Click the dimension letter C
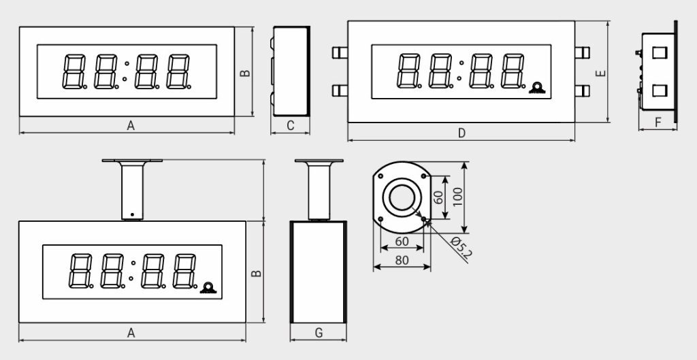(x=290, y=126)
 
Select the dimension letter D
(x=461, y=133)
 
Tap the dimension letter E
(x=601, y=73)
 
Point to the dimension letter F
(x=658, y=122)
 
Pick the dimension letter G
(x=319, y=333)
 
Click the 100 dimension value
(x=457, y=197)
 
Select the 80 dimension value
(x=402, y=261)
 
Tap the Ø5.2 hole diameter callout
(x=461, y=248)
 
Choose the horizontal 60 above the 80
(x=402, y=242)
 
